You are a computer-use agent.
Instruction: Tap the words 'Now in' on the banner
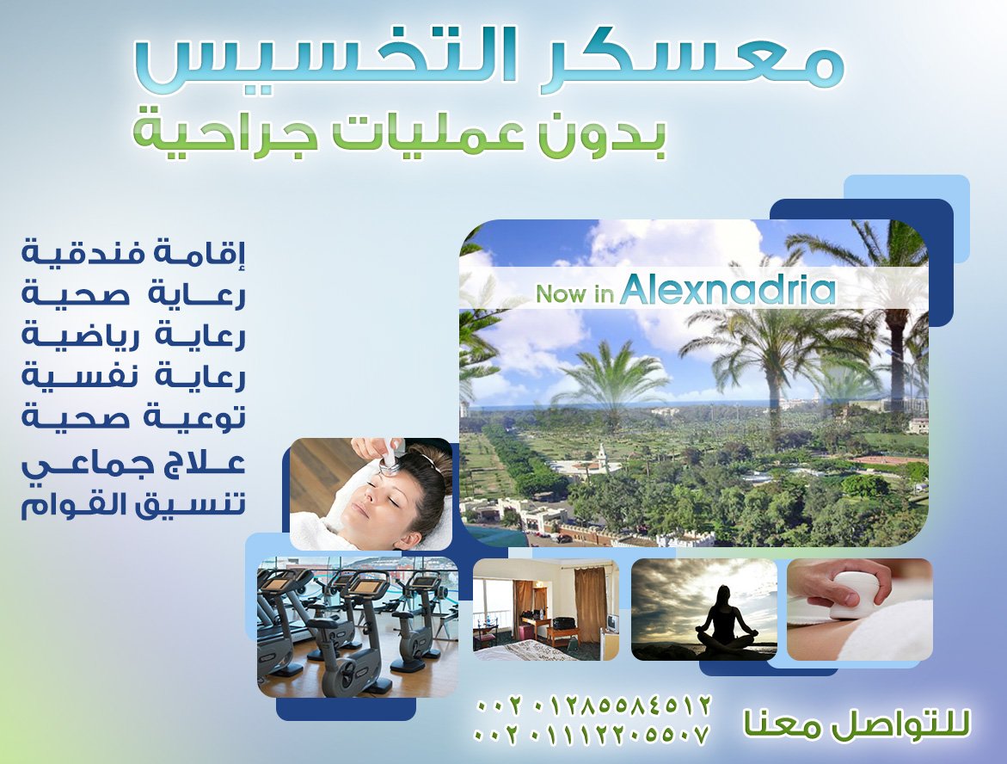[x=574, y=293]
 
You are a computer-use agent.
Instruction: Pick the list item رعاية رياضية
[x=133, y=336]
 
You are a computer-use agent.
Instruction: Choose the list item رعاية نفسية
[x=133, y=377]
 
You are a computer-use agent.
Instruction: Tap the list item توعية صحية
[x=133, y=417]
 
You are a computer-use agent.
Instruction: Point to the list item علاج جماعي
[x=133, y=464]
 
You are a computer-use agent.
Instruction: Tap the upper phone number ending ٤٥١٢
[x=594, y=705]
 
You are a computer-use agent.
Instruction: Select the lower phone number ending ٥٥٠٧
[x=593, y=733]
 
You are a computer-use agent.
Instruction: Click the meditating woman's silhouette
[x=728, y=618]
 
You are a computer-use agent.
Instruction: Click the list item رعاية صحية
[x=133, y=294]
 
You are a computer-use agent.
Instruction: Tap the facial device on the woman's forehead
[x=390, y=460]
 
